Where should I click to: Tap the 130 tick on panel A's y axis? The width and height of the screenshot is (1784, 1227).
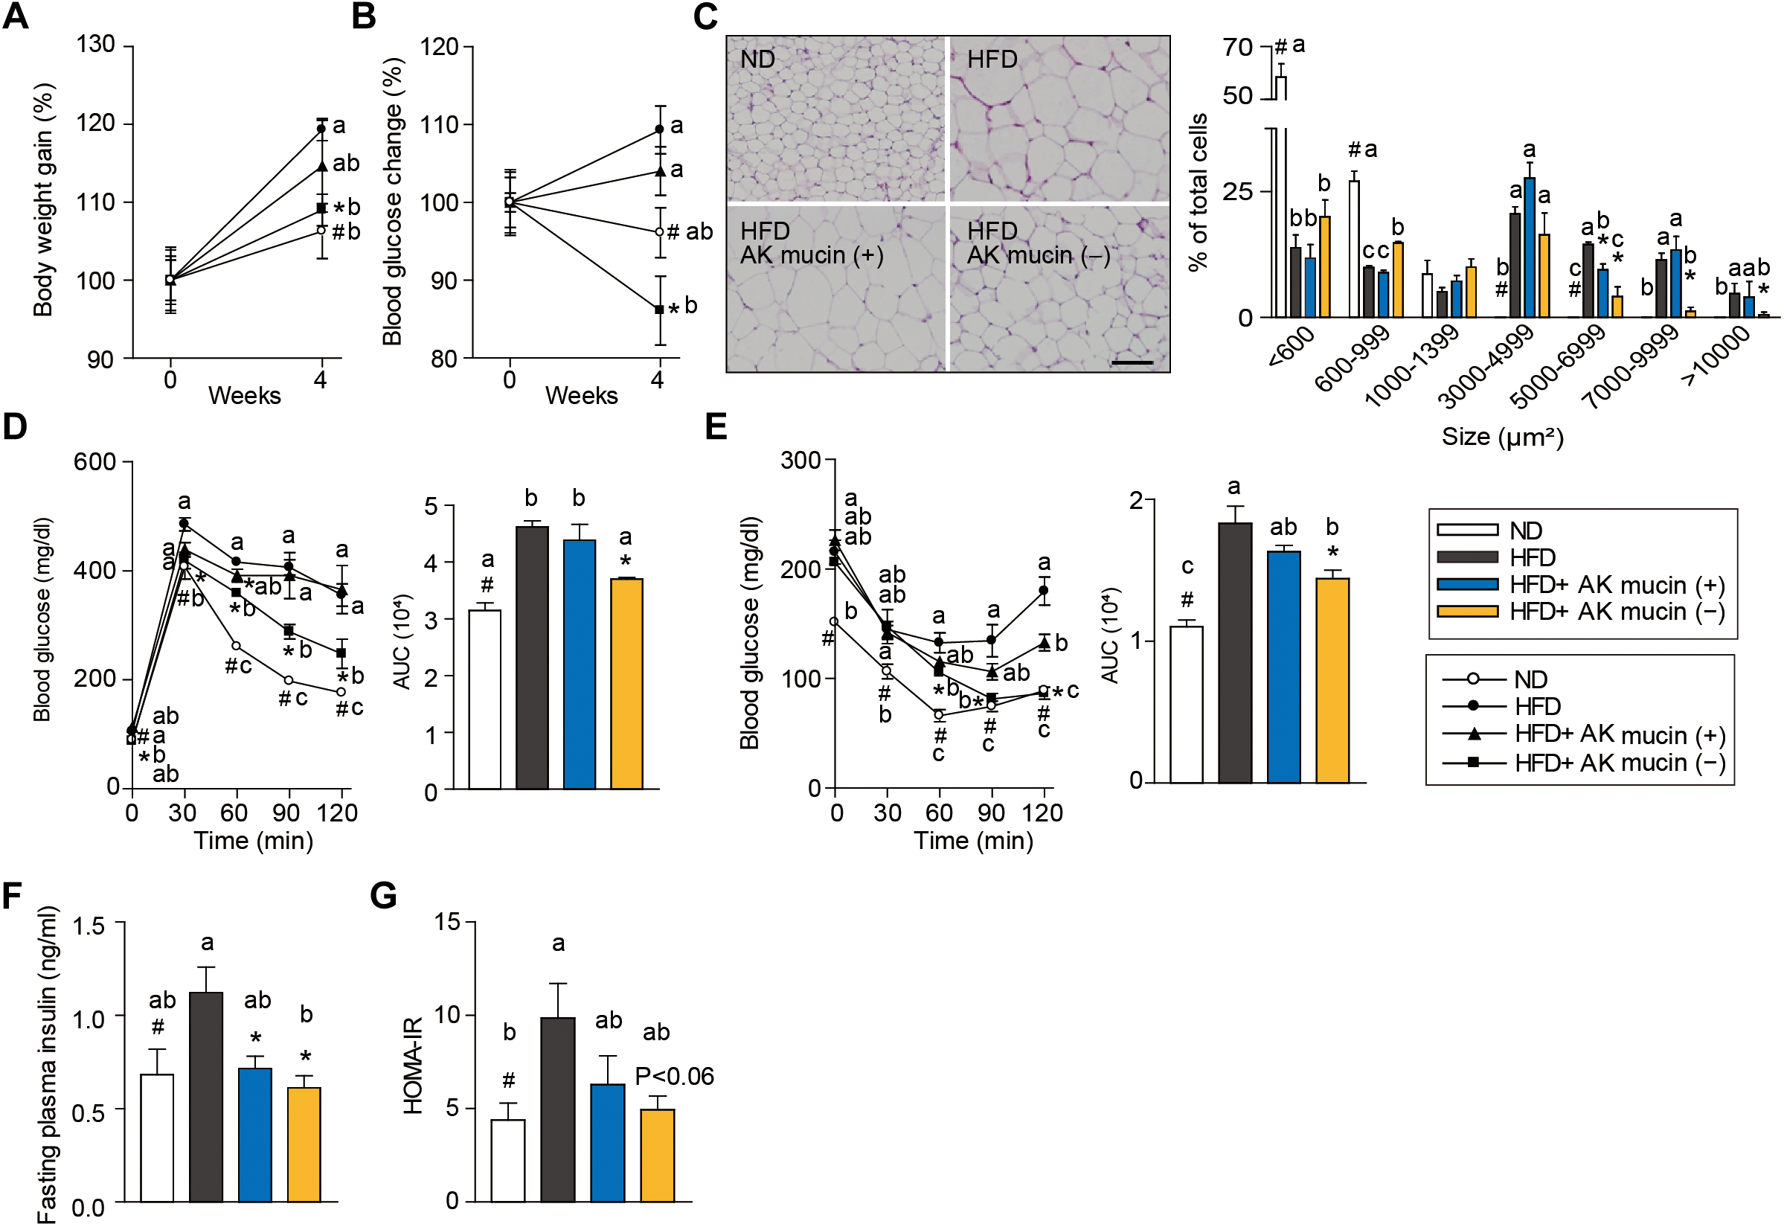(x=95, y=45)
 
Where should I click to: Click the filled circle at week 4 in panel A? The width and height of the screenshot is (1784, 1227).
(x=322, y=129)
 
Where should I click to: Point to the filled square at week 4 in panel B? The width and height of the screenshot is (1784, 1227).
(x=658, y=309)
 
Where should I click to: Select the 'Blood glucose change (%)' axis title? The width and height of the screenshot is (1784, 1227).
(x=393, y=202)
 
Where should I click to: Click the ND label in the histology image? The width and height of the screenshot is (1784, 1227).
(x=757, y=60)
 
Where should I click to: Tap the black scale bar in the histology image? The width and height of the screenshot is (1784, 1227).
(x=1132, y=362)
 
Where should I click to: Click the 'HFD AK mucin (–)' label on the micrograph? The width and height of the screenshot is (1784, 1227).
(x=1038, y=243)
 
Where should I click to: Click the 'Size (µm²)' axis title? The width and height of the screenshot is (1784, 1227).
(x=1502, y=437)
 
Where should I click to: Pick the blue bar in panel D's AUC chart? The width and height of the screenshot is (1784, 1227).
(x=579, y=664)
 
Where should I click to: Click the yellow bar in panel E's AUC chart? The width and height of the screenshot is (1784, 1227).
(x=1332, y=679)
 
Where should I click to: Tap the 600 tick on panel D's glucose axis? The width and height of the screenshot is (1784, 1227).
(x=94, y=462)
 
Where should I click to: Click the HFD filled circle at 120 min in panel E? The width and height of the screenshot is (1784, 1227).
(x=1044, y=591)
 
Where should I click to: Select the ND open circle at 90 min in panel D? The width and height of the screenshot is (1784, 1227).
(x=288, y=680)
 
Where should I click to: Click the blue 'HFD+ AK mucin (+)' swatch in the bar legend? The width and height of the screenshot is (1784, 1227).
(x=1466, y=585)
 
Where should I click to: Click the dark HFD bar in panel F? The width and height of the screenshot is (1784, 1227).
(x=206, y=1096)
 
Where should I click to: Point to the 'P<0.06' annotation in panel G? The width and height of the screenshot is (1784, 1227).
(x=674, y=1076)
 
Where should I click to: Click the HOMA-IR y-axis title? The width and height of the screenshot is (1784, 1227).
(x=414, y=1066)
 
